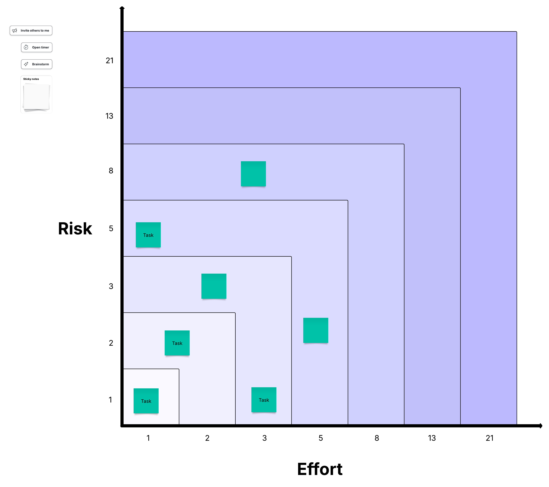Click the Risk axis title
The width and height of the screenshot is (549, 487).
[75, 229]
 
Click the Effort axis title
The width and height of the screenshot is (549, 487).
[320, 469]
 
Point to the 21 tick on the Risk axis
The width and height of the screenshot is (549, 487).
[110, 61]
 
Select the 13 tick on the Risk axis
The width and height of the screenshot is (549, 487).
[109, 116]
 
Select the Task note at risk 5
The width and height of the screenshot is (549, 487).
[148, 235]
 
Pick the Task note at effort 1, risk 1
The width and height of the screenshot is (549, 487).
[146, 401]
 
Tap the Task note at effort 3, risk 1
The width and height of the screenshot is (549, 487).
[264, 400]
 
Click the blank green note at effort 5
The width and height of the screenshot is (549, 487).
[316, 330]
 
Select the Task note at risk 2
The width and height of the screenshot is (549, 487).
[177, 343]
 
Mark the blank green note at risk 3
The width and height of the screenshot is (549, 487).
[214, 286]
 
